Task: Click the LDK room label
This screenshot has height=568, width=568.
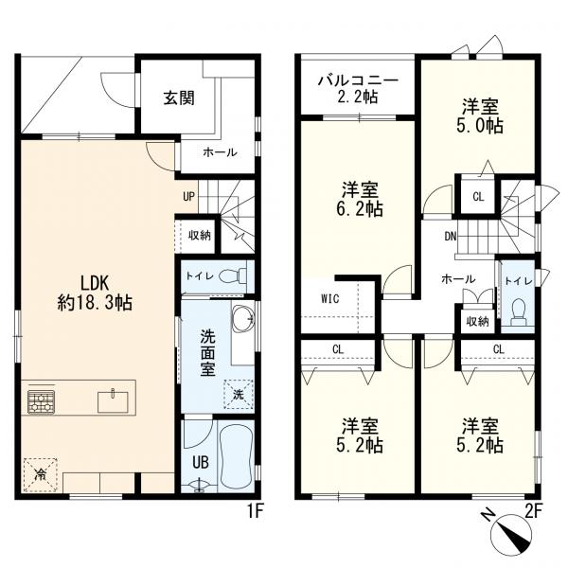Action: point(95,283)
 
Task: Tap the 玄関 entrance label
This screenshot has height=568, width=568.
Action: point(179,98)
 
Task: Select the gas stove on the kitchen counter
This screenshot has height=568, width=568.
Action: point(41,401)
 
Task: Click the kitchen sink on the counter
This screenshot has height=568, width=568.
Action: point(113,401)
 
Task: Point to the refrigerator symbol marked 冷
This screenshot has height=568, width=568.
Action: point(40,474)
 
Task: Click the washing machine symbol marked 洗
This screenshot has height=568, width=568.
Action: point(238,394)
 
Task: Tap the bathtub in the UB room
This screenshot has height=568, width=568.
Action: point(236,455)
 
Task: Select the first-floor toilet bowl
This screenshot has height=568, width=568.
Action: point(232,276)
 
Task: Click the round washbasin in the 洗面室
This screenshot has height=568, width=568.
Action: point(242,318)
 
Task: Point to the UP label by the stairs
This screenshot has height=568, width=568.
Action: point(188,197)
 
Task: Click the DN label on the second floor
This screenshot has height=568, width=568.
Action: point(451,237)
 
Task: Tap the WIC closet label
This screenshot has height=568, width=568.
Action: point(330,299)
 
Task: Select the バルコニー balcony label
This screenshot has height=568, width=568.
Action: point(358,80)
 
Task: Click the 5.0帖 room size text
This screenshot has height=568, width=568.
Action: point(479,125)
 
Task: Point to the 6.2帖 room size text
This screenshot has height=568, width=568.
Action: point(360,208)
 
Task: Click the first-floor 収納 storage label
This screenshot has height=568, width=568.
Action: point(200,236)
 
